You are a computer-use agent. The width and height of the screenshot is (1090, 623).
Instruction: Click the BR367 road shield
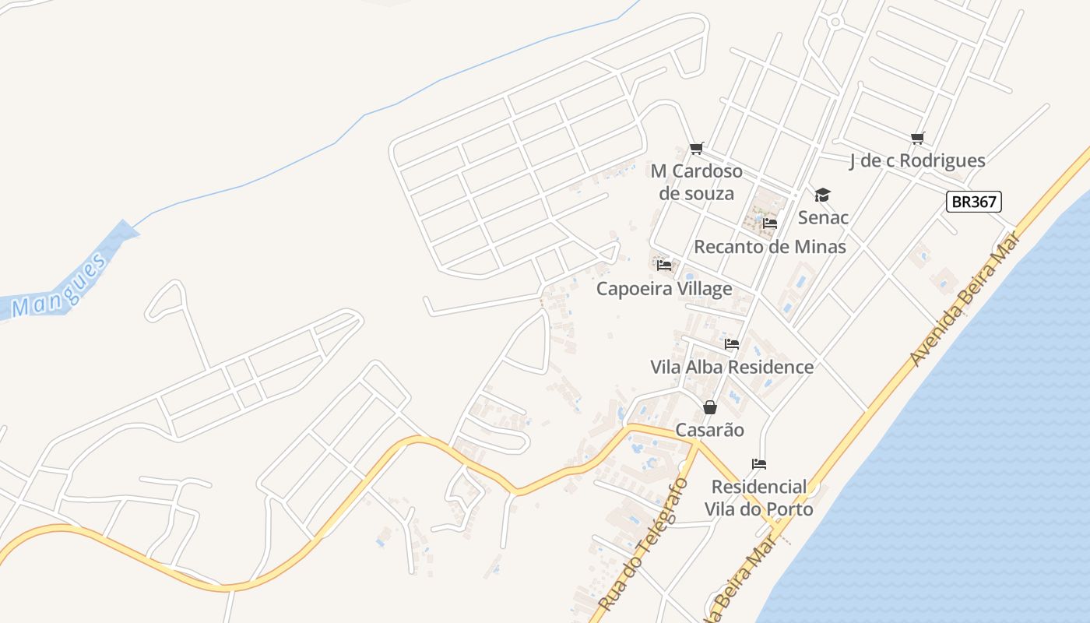click(x=973, y=202)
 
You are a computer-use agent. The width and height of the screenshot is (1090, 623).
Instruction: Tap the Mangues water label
click(x=59, y=287)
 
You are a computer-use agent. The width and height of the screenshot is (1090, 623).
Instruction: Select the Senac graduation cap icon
click(x=822, y=195)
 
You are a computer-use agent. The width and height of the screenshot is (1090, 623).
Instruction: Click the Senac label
click(x=823, y=217)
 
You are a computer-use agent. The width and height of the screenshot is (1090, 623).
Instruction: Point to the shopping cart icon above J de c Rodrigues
click(x=917, y=139)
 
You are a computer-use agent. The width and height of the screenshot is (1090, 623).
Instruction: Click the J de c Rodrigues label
click(x=917, y=161)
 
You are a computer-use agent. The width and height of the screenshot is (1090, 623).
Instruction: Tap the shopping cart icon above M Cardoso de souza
click(x=696, y=148)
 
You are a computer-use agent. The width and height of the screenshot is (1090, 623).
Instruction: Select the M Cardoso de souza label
click(x=697, y=182)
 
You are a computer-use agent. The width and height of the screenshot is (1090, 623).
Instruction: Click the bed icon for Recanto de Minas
click(x=770, y=224)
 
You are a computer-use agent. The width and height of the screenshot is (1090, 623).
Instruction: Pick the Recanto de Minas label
click(x=769, y=247)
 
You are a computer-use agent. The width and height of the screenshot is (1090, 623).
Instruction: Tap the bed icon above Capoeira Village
click(x=664, y=266)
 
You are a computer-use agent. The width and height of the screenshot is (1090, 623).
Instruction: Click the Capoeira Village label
click(x=664, y=289)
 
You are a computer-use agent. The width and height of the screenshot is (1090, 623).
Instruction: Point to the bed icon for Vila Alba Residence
click(x=731, y=343)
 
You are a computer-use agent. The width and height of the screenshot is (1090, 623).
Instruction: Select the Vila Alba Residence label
click(x=732, y=367)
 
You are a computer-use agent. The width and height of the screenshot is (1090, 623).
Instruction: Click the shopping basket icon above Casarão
click(x=709, y=407)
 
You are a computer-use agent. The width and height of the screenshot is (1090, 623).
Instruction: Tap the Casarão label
click(x=709, y=430)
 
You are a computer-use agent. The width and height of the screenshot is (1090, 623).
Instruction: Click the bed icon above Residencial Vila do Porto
click(x=759, y=464)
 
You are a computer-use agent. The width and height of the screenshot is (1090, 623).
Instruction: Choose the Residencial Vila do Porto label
click(x=759, y=498)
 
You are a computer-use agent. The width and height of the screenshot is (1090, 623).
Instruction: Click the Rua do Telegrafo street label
click(x=644, y=544)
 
